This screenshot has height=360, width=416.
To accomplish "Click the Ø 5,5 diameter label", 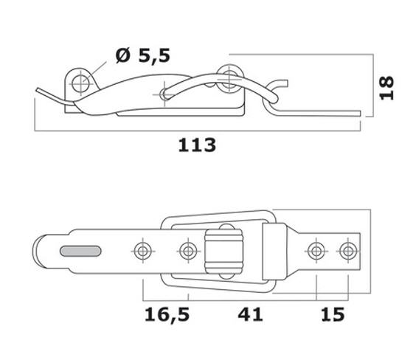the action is [x=143, y=55].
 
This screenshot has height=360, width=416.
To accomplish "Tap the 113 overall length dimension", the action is [x=197, y=145].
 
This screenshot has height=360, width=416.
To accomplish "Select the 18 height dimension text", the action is [x=386, y=88].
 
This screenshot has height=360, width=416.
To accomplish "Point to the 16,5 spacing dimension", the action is [x=167, y=315].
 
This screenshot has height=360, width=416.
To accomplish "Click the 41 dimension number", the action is [x=250, y=314].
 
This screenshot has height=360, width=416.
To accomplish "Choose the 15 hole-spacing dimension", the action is [x=333, y=314].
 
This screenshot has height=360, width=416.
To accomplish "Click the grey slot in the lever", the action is [x=80, y=251].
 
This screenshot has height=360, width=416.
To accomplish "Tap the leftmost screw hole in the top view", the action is [x=143, y=251].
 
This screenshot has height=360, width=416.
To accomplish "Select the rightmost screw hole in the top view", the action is [x=348, y=251].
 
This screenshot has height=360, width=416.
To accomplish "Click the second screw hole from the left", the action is [x=188, y=251].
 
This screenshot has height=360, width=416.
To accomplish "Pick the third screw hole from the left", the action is [x=316, y=251].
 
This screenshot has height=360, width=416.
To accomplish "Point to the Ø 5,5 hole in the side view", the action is [x=80, y=83].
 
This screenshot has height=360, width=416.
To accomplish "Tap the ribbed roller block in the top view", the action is [x=223, y=252].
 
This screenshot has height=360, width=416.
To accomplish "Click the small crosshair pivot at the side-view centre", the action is [x=164, y=94].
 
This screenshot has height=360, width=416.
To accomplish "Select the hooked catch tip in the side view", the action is [x=279, y=83].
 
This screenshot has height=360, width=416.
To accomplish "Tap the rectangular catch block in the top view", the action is [x=274, y=252].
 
